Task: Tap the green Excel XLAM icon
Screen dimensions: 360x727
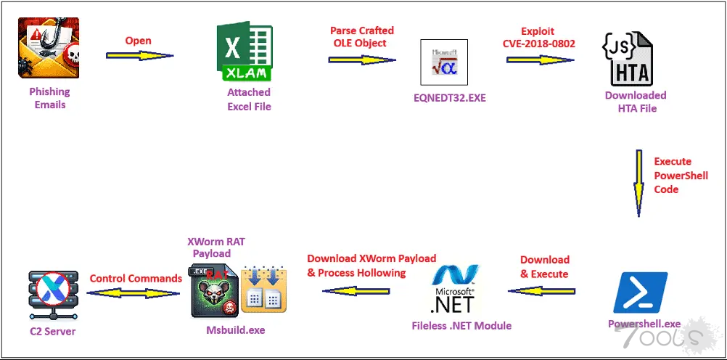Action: [x=244, y=52]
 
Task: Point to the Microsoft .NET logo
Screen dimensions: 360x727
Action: [x=454, y=289]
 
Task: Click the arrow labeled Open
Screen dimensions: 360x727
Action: [x=140, y=55]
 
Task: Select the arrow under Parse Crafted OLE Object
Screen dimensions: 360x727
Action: [x=362, y=59]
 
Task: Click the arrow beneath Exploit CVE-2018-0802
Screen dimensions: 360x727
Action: [x=540, y=59]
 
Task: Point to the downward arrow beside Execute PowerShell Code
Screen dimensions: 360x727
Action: [x=638, y=183]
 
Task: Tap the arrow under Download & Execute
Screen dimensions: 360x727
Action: [x=541, y=290]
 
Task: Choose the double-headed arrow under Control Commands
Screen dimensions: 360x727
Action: [x=133, y=293]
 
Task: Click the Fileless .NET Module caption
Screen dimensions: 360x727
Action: [x=461, y=326]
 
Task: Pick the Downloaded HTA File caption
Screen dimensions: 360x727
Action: [x=636, y=102]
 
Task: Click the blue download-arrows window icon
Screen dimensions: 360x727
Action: [x=264, y=292]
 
